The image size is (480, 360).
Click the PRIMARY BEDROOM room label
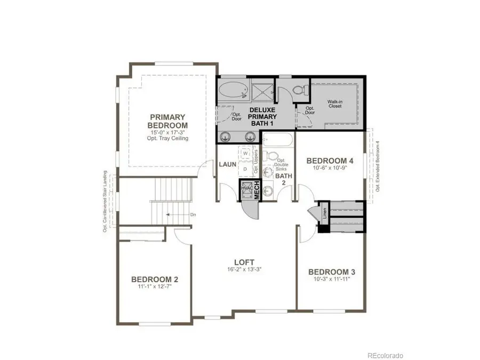[167, 121]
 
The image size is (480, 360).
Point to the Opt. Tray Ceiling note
[167, 138]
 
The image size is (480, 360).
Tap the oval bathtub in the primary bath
[233, 90]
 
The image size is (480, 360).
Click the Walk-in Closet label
[334, 103]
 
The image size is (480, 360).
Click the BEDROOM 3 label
[332, 272]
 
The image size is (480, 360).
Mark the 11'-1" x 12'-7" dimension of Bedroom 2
[155, 287]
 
